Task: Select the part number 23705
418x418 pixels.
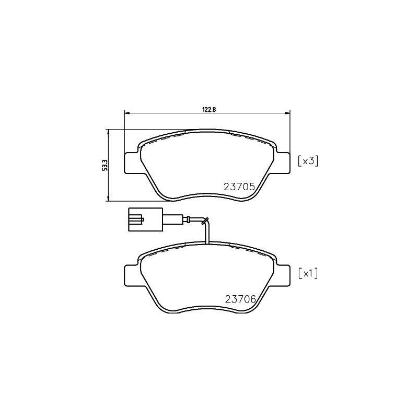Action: [239, 187]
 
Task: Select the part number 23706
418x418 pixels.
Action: [239, 299]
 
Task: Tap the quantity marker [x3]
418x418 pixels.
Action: [308, 161]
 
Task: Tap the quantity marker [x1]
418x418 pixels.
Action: [308, 273]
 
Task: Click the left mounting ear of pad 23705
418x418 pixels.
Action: [132, 162]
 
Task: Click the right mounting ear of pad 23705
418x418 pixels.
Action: [283, 162]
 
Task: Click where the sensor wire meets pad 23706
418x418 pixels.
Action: [208, 243]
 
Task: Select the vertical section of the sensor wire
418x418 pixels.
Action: [208, 233]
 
